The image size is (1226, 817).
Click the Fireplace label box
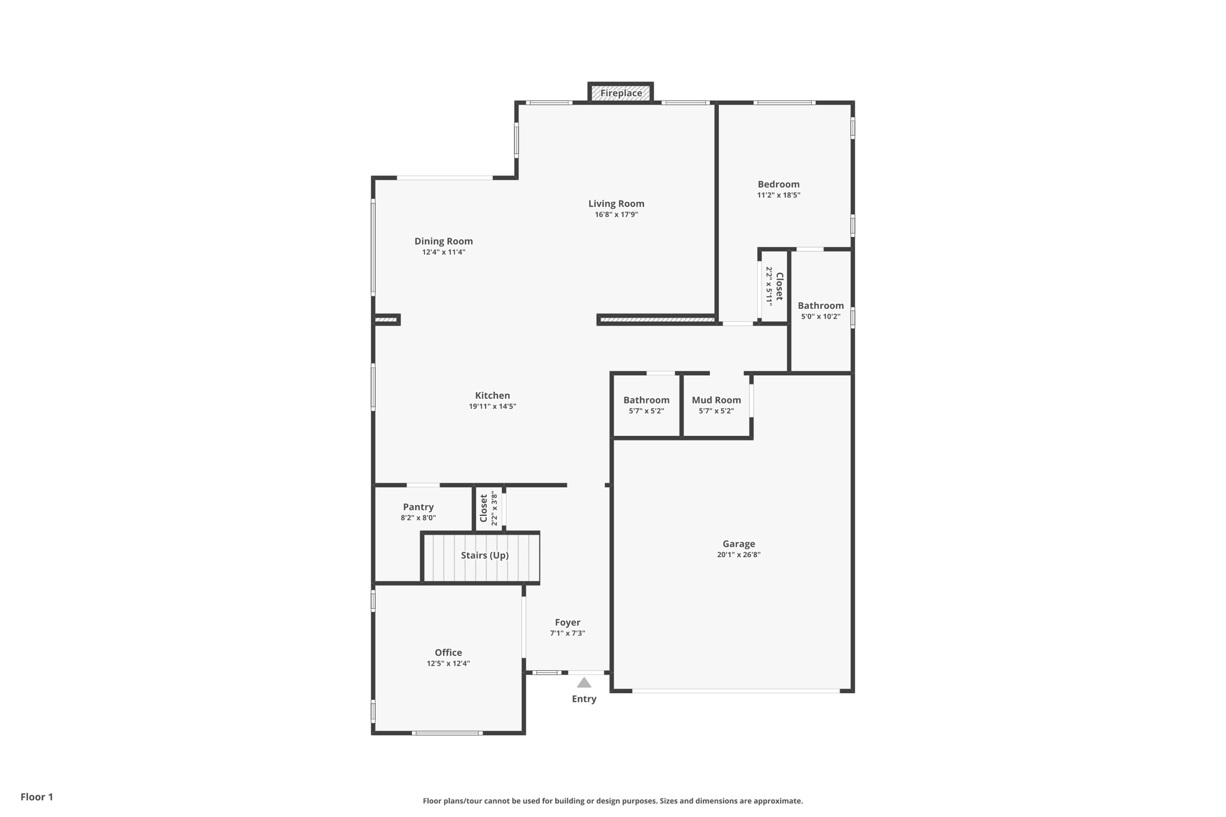pyautogui.click(x=621, y=93)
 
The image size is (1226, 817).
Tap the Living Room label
pyautogui.click(x=616, y=204)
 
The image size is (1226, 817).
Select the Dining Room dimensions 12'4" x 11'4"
pyautogui.click(x=444, y=253)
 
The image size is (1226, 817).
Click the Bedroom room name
pyautogui.click(x=778, y=184)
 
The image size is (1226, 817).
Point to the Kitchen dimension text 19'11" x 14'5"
pyautogui.click(x=492, y=406)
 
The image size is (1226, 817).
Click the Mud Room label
pyautogui.click(x=716, y=400)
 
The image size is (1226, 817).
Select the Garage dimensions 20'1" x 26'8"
pyautogui.click(x=738, y=555)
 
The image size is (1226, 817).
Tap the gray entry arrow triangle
pyautogui.click(x=584, y=683)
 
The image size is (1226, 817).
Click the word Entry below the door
pyautogui.click(x=584, y=699)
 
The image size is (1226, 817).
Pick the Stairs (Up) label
pyautogui.click(x=484, y=555)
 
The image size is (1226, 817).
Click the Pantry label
pyautogui.click(x=418, y=507)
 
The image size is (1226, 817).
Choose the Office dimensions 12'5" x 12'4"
pyautogui.click(x=448, y=664)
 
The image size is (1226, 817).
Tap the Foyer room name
pyautogui.click(x=567, y=622)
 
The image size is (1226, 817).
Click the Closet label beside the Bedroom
pyautogui.click(x=779, y=286)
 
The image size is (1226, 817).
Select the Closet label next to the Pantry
pyautogui.click(x=484, y=508)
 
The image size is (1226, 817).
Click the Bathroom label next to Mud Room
pyautogui.click(x=646, y=400)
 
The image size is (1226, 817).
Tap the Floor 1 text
pyautogui.click(x=37, y=797)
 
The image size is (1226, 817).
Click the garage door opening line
pyautogui.click(x=736, y=691)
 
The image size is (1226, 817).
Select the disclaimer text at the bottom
pyautogui.click(x=612, y=801)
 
